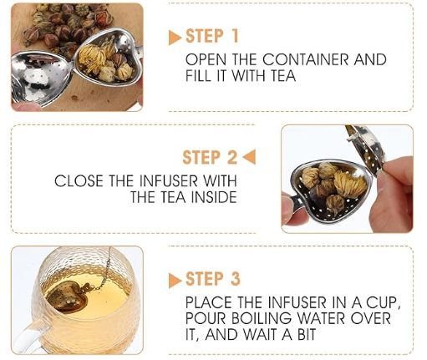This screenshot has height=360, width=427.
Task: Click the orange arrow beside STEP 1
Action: pyautogui.click(x=175, y=38)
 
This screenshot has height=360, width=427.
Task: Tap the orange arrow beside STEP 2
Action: pyautogui.click(x=249, y=157)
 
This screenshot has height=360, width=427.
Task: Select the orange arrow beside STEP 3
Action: pyautogui.click(x=175, y=281)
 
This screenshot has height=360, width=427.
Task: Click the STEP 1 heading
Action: pyautogui.click(x=212, y=36)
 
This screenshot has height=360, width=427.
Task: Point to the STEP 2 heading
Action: pyautogui.click(x=210, y=157)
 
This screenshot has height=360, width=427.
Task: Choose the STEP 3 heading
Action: pyautogui.click(x=213, y=279)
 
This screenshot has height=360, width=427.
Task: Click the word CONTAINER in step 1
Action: pyautogui.click(x=306, y=59)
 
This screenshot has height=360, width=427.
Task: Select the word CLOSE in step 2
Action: pyautogui.click(x=79, y=181)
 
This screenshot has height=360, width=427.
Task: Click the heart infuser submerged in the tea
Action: pyautogui.click(x=69, y=297)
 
